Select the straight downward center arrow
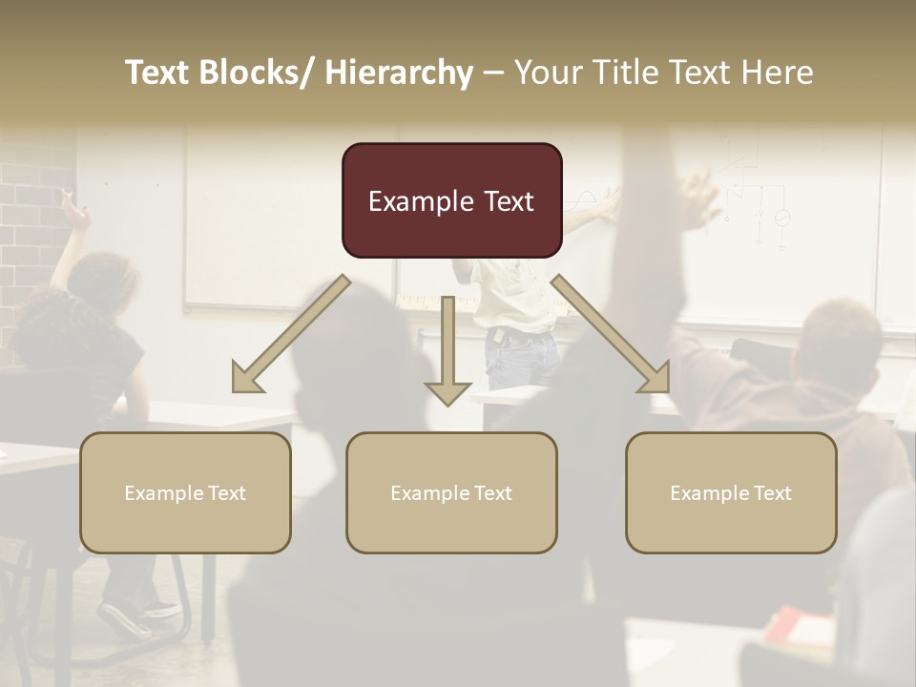point(448,353)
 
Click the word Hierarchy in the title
point(399,73)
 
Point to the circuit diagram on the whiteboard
point(759,205)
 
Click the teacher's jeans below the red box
point(520,358)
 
